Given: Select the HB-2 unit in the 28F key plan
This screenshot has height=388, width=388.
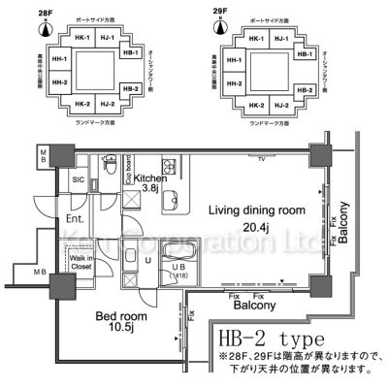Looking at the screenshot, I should (x=131, y=89).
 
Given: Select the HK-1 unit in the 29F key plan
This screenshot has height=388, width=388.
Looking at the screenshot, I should (x=256, y=38).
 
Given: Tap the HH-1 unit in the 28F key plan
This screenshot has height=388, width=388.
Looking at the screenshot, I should (x=60, y=60).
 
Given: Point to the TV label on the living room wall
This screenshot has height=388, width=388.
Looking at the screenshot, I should (x=261, y=158).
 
